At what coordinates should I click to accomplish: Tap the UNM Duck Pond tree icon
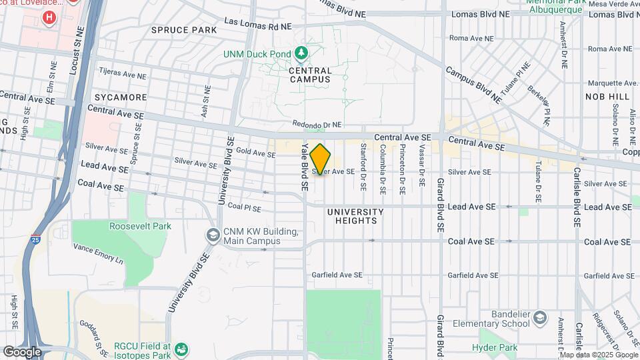pyautogui.click(x=301, y=52)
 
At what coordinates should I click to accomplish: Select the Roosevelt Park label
pyautogui.click(x=140, y=227)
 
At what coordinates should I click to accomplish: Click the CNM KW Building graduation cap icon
pyautogui.click(x=213, y=235)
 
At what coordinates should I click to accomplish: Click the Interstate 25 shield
pyautogui.click(x=35, y=237)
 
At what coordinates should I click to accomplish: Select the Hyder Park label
pyautogui.click(x=495, y=347)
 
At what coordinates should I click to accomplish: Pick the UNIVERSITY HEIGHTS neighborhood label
pyautogui.click(x=355, y=216)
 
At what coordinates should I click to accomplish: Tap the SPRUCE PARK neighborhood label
pyautogui.click(x=184, y=30)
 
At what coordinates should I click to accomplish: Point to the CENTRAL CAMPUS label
pyautogui.click(x=310, y=75)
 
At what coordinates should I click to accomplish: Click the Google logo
pyautogui.click(x=22, y=351)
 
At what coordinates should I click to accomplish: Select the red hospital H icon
pyautogui.click(x=48, y=17)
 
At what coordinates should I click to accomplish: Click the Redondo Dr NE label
pyautogui.click(x=317, y=125)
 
